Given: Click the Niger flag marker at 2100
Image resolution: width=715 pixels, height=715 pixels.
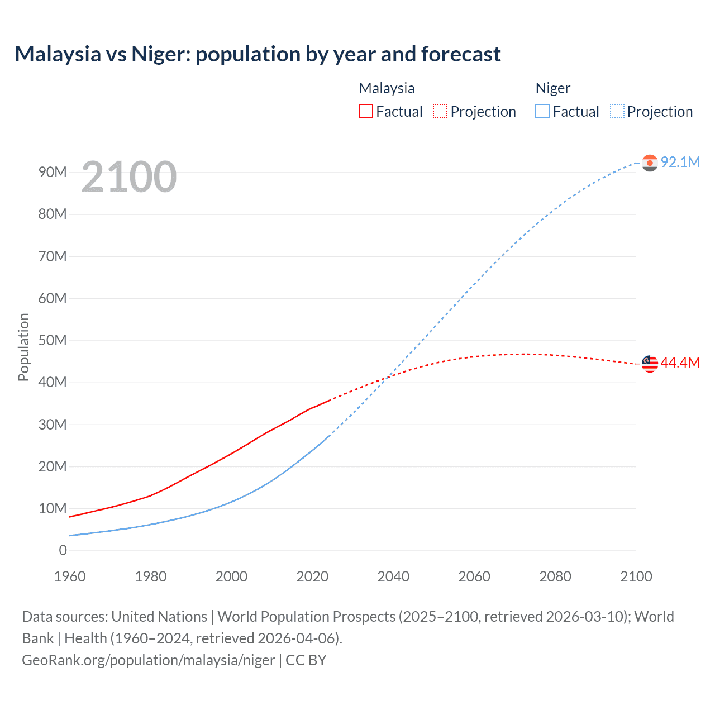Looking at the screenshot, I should [x=650, y=163].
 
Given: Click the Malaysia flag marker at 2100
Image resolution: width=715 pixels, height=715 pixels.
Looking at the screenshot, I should [x=650, y=364].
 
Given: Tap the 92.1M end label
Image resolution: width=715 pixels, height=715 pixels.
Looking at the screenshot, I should [x=680, y=162].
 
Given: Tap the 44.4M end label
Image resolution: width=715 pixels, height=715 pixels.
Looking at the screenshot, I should [x=680, y=363].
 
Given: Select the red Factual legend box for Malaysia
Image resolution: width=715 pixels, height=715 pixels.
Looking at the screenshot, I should [x=365, y=111].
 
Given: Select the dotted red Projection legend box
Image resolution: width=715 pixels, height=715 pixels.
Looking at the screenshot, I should [x=440, y=111].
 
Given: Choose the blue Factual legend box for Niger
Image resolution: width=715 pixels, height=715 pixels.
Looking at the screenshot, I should [x=542, y=111].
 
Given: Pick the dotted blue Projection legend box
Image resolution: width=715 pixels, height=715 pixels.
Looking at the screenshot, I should [x=617, y=111].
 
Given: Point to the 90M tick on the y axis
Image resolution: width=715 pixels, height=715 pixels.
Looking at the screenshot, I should [x=53, y=172].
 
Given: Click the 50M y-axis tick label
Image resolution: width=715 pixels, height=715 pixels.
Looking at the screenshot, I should [x=53, y=340].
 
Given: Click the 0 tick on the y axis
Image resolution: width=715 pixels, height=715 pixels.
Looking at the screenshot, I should [x=63, y=550].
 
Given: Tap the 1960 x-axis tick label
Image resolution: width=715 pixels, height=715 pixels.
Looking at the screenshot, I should [x=70, y=576].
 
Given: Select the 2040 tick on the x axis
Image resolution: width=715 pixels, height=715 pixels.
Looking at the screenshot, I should [x=393, y=576].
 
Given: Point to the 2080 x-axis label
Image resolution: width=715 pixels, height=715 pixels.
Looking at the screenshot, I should [x=555, y=576].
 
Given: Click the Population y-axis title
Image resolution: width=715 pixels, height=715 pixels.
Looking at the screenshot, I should [x=23, y=347].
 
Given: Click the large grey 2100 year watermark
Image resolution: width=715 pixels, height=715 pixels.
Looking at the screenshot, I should [x=129, y=177].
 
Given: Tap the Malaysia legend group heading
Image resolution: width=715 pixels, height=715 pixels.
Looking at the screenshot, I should [x=387, y=88].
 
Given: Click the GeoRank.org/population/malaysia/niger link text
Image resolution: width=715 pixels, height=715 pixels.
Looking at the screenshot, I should [x=148, y=660].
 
